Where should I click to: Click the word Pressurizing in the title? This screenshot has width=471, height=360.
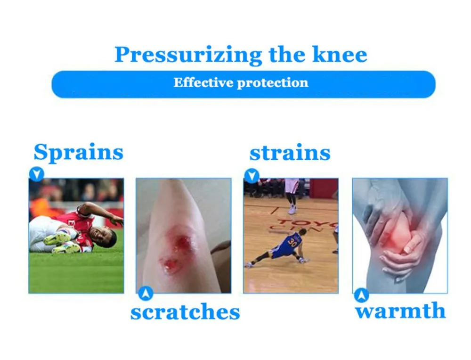188,55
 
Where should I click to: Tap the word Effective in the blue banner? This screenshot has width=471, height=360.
203,82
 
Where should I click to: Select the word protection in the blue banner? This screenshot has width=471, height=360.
273,83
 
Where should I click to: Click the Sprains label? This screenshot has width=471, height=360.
78,152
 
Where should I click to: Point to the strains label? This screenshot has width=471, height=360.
290,153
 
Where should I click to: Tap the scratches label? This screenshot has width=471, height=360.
185,311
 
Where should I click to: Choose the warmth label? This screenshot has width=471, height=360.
400,311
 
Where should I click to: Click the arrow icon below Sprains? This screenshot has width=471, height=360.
37,174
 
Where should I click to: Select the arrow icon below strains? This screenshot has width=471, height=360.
252,176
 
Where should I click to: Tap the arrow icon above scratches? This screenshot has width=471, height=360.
146,293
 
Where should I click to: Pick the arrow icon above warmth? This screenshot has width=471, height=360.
361,295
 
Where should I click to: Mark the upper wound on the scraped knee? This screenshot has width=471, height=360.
182,241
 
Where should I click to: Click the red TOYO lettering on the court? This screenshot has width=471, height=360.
304,224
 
